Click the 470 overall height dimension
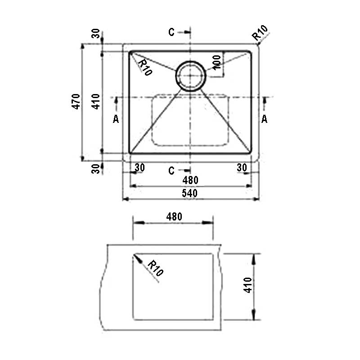76,101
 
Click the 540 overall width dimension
189,193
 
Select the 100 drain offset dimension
217,62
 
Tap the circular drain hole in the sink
190,76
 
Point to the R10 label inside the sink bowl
144,67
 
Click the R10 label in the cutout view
155,268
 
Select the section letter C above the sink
171,32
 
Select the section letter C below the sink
171,171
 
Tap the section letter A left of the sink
116,119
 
